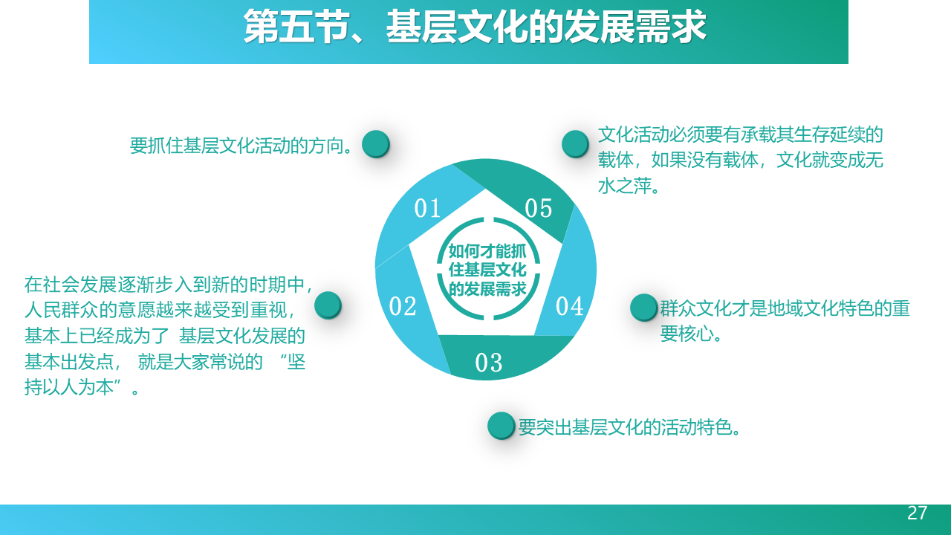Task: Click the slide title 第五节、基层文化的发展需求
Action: click(474, 27)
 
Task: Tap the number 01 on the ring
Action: click(427, 208)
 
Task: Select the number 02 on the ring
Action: click(403, 306)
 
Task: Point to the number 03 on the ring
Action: click(488, 363)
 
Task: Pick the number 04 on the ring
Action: click(569, 306)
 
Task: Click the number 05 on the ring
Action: click(539, 208)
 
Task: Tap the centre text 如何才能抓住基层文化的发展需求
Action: click(487, 270)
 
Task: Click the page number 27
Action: click(917, 513)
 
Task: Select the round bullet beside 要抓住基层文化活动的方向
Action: click(376, 144)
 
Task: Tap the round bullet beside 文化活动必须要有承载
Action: click(575, 144)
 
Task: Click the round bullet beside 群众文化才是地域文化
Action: click(644, 308)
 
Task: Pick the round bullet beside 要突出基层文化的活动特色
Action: click(502, 426)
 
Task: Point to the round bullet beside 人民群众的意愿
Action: click(328, 305)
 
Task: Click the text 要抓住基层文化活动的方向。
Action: click(241, 146)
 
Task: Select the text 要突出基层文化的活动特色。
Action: click(629, 427)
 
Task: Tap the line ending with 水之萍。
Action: click(629, 186)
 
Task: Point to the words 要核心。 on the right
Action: click(691, 334)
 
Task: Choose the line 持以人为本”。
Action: click(82, 387)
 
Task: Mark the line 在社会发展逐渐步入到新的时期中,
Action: click(169, 285)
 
